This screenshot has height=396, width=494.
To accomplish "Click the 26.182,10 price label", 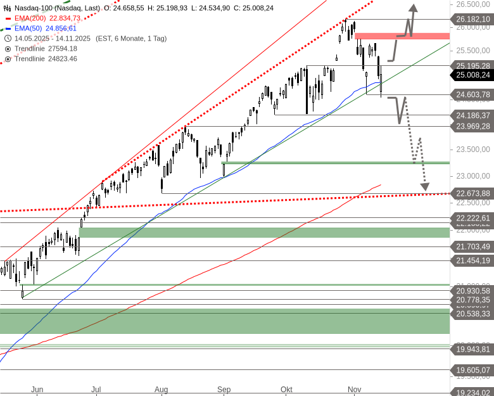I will click(x=472, y=20).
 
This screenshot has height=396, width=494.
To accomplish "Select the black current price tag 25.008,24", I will click(x=472, y=75).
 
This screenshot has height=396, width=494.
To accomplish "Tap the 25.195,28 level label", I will click(x=472, y=65).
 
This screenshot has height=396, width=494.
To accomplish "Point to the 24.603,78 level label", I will click(x=472, y=94).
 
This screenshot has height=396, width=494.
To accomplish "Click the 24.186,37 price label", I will click(x=472, y=115).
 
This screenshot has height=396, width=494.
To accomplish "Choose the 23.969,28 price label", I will click(x=472, y=126).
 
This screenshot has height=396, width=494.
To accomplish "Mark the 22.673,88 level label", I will click(x=472, y=193).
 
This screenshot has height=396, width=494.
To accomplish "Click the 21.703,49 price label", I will click(x=472, y=246).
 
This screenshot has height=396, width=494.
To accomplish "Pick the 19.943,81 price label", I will click(x=472, y=349).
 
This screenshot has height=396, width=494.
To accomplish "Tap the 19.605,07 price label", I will click(x=472, y=370).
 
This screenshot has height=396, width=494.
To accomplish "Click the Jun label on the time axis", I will click(x=37, y=389).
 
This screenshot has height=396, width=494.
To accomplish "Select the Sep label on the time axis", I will click(x=224, y=389).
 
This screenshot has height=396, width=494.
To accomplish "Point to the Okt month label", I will click(x=286, y=389).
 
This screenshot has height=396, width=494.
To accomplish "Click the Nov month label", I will click(x=353, y=389).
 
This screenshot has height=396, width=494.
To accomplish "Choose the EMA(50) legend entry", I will click(x=45, y=28).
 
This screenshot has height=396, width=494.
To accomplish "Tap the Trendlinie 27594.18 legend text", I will click(x=46, y=48).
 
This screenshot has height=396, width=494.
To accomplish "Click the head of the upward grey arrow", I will click(x=412, y=8).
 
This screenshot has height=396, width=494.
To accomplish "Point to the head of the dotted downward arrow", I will click(x=424, y=187).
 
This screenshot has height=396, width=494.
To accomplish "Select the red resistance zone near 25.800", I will click(x=402, y=36).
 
